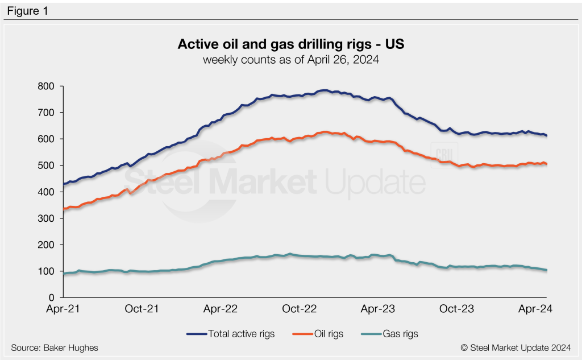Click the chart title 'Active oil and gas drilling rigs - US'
(x=291, y=44)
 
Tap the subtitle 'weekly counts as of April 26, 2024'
(x=291, y=59)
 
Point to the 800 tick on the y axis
(x=46, y=86)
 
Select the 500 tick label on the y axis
(x=46, y=165)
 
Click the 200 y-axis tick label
(x=46, y=245)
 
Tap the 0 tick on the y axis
(x=51, y=297)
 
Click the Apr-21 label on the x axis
(x=63, y=309)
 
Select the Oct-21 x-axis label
(x=142, y=309)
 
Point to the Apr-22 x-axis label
(x=221, y=309)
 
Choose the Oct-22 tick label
(x=300, y=309)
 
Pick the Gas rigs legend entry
(x=397, y=334)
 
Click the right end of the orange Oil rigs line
(x=546, y=164)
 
